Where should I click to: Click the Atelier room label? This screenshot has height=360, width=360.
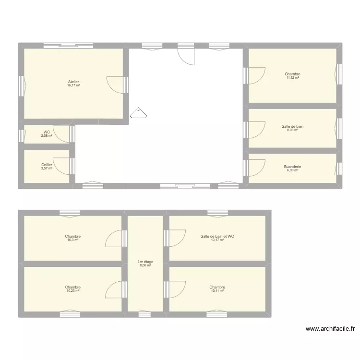point(73,82)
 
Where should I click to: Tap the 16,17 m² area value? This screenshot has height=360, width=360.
point(73,85)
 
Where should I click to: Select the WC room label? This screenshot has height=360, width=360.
point(47,132)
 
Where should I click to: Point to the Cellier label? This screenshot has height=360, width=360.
point(47,165)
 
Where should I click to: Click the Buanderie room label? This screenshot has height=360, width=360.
point(292,167)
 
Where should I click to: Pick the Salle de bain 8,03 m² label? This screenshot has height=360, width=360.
point(292,127)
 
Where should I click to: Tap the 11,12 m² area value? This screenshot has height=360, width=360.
point(292,78)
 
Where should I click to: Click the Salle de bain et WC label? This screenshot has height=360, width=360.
point(217,236)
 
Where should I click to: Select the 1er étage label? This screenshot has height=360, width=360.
point(146,262)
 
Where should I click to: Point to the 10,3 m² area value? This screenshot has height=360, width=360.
point(73,240)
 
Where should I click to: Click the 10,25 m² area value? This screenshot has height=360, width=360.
point(73,291)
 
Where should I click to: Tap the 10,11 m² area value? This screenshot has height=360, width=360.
point(217,291)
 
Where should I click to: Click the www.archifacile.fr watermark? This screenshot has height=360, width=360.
point(330,329)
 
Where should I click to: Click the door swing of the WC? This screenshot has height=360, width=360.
point(61,132)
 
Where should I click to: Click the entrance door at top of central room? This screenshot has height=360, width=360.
point(187,56)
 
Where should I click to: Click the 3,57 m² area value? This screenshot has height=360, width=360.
point(47,168)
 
